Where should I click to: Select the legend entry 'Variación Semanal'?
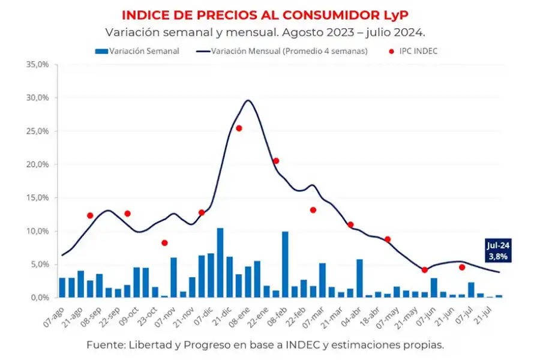coord(143,51)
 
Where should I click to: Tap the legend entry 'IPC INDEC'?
coord(418,51)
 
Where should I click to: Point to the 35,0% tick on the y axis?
coord(37,64)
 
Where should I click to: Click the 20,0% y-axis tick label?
coord(37,164)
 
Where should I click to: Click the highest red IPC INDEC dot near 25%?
coord(239,128)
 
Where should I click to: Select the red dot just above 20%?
coord(276,161)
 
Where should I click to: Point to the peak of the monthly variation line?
coord(248,100)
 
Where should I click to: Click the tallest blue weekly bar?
coord(220,263)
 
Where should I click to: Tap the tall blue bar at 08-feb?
coord(285,265)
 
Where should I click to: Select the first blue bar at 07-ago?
coord(62,287)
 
